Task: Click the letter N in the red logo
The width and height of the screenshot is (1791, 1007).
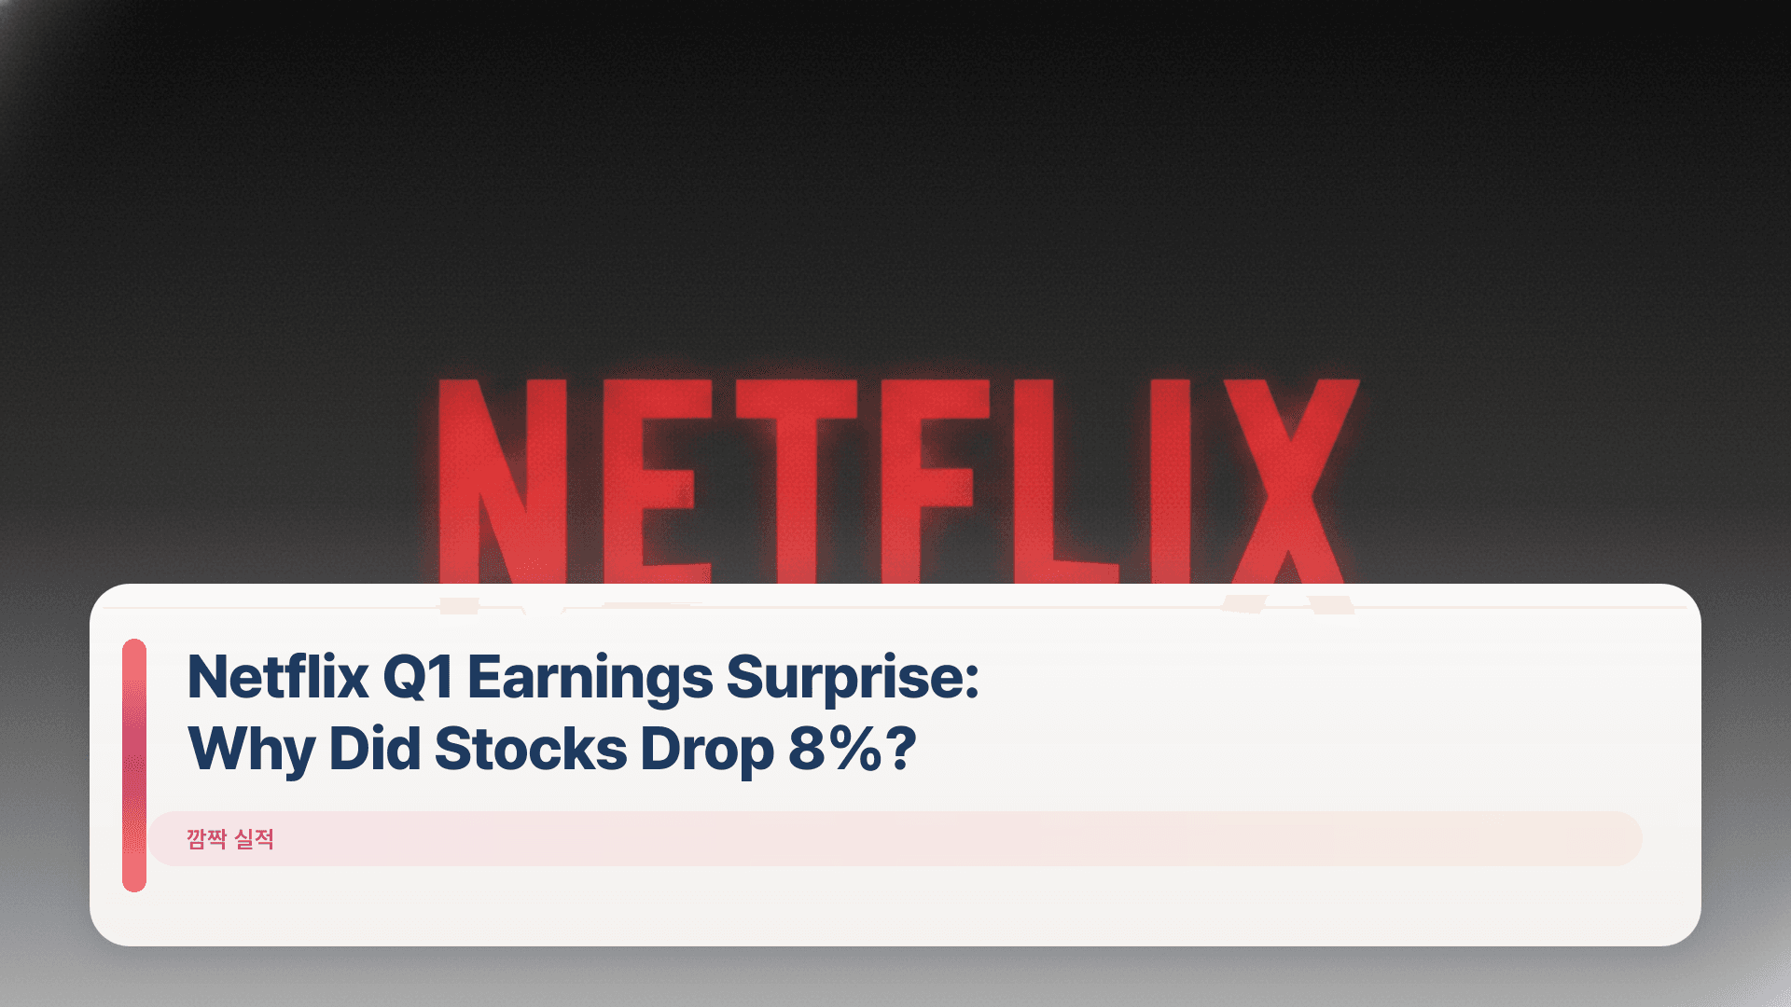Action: coord(502,480)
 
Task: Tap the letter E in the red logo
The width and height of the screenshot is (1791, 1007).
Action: coord(653,480)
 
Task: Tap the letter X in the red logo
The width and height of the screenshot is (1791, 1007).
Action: coord(1292,480)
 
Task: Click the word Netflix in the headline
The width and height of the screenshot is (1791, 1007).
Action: coord(278,676)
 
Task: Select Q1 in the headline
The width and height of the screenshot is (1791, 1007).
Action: coord(418,676)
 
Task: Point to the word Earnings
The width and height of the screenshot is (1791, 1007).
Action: coord(590,678)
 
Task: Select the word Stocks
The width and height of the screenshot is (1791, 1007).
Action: coord(530,748)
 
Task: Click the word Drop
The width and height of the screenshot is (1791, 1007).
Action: coord(707,750)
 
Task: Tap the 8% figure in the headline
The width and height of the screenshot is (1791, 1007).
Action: coord(834,748)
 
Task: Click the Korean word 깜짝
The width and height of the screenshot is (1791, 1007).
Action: coord(206,839)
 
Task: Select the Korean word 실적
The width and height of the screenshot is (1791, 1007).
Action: coord(254,839)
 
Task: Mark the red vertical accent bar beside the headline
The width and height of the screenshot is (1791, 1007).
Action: coord(134,765)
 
